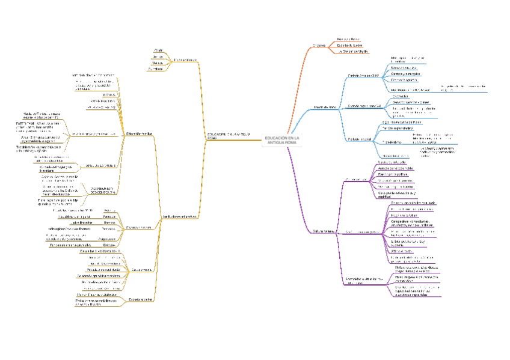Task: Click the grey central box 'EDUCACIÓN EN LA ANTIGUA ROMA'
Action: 281,139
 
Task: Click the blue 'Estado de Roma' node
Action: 325,107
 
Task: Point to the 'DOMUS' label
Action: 109,95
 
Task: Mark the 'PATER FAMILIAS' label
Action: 103,101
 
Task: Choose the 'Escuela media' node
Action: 140,270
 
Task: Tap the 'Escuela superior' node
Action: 140,299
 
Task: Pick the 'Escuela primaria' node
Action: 140,228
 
